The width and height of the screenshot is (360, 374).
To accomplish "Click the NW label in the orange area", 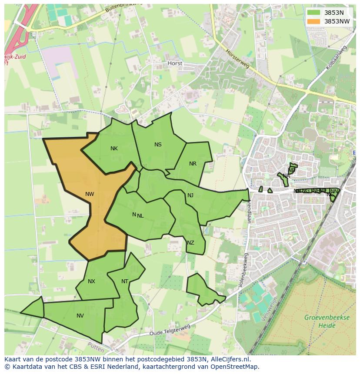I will (x=90, y=194).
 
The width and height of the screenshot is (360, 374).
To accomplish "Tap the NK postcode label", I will (x=114, y=149).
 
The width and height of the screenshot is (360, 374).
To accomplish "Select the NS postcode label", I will (x=158, y=145).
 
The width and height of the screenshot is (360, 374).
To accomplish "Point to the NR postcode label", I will (x=193, y=164).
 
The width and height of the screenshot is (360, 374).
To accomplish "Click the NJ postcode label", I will (x=190, y=195).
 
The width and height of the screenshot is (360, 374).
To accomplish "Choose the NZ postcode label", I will (x=190, y=243).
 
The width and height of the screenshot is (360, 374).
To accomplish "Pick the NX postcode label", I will (x=91, y=281).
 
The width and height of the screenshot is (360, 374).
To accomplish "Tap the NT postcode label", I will (x=125, y=281).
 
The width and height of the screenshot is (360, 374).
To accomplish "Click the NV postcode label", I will (x=80, y=316).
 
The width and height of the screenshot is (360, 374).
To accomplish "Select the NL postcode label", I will (x=140, y=215).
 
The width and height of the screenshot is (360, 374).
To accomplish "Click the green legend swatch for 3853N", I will (x=313, y=13).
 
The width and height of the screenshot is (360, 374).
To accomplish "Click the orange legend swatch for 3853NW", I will (x=313, y=21).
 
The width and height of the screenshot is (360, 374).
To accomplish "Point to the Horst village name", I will (x=175, y=63).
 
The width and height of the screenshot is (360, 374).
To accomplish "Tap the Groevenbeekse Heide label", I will (x=327, y=321).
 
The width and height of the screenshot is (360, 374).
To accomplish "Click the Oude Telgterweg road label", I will (x=170, y=330).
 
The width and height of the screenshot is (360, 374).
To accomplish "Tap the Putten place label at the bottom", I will (x=96, y=348).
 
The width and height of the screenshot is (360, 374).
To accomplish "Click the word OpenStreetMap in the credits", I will (x=234, y=366).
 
